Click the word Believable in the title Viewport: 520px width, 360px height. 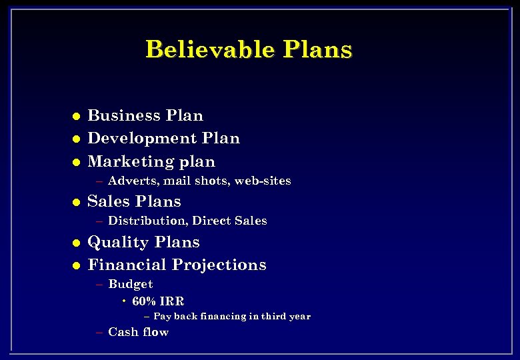point(209,49)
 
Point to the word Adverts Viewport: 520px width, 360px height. point(130,181)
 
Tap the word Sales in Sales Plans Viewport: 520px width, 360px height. point(108,201)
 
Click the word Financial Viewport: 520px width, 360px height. point(129,265)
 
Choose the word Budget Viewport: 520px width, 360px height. point(130,284)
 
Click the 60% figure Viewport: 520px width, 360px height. point(143,301)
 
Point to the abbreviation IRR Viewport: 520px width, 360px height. point(171,301)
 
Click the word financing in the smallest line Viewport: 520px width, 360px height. point(219,317)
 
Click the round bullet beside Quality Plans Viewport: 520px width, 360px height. point(76,243)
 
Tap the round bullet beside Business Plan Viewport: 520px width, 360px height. point(76,116)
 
